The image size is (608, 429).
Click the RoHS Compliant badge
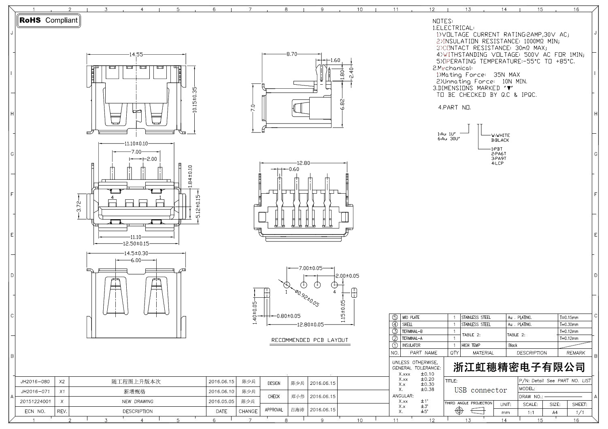click(49, 20)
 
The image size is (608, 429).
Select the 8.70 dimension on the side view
click(291, 54)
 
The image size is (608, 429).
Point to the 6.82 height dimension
click(342, 104)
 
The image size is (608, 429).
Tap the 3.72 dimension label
click(79, 207)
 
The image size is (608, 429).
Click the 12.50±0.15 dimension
click(136, 243)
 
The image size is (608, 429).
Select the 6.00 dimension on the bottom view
click(136, 260)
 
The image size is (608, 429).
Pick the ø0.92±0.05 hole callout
click(306, 299)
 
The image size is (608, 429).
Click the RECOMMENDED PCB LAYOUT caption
click(310, 340)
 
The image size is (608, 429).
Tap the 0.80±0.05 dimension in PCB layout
click(289, 316)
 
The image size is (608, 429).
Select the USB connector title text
click(480, 390)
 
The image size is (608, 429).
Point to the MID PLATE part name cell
click(410, 318)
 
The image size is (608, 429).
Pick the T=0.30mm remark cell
click(569, 324)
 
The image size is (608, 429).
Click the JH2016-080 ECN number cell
click(35, 382)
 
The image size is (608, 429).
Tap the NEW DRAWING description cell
click(138, 401)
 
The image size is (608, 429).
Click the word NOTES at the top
click(443, 21)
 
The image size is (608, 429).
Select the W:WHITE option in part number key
click(500, 135)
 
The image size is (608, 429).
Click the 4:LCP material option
click(497, 163)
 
